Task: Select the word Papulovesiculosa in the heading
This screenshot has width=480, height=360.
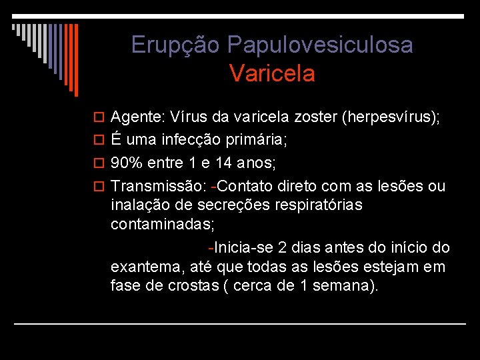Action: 320,45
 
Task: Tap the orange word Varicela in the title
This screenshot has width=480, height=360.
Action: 272,73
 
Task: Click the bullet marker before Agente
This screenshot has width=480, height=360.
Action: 101,119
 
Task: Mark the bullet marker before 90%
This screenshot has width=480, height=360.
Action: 101,163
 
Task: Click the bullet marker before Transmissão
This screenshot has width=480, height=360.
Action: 101,185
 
